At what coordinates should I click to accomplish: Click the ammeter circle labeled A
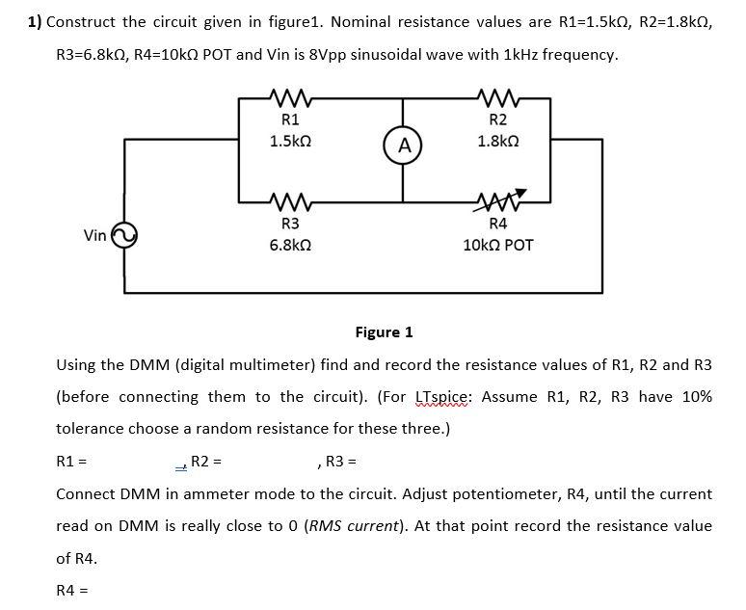click(x=404, y=146)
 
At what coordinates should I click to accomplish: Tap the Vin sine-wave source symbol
click(x=124, y=235)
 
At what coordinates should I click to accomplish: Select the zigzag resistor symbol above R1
click(x=289, y=97)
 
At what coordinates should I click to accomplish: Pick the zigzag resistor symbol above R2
click(x=498, y=97)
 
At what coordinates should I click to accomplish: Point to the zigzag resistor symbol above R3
click(x=289, y=203)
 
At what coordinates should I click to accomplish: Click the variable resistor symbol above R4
click(x=498, y=202)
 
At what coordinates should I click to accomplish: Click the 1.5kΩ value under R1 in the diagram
click(x=289, y=141)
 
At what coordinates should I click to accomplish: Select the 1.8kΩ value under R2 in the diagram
click(x=498, y=141)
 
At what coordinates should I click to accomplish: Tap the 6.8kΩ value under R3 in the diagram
click(x=289, y=246)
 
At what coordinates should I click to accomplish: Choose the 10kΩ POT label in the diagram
click(x=498, y=246)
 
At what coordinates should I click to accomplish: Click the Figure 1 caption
click(x=384, y=332)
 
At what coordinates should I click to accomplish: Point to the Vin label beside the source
click(x=94, y=235)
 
